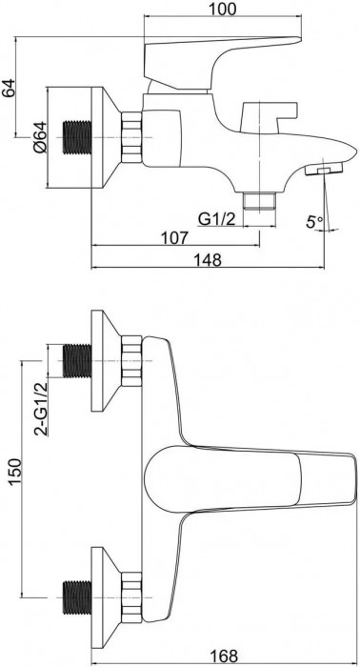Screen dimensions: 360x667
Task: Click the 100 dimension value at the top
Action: coord(222,8)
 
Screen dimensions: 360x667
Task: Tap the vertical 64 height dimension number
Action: coord(10,88)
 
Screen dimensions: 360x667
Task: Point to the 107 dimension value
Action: coord(174,237)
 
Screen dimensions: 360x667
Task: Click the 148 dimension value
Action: coord(209,259)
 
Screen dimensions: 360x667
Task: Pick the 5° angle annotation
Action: coord(315,221)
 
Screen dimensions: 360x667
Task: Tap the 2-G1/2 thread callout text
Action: coord(41,409)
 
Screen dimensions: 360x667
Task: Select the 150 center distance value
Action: coord(13,472)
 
